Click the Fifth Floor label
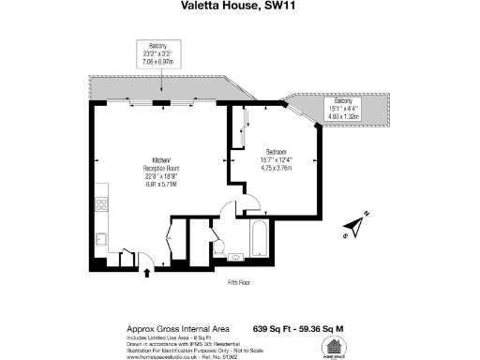pos(239,282)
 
